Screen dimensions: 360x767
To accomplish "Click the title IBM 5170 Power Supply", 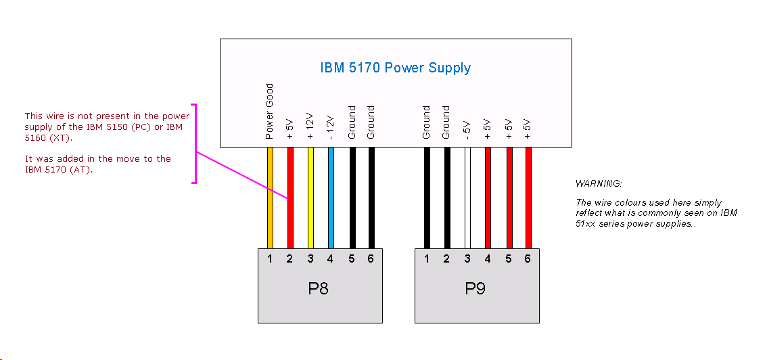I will pos(395,68).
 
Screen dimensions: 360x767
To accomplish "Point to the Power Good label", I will pos(269,112).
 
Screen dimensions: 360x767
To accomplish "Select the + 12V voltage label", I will pos(310,126).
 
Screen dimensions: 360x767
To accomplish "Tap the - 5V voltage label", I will pos(467,130).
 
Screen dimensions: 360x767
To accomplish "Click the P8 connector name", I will pos(319,289).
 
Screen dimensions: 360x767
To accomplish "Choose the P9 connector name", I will pos(475,289).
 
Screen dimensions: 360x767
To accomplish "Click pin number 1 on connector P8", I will pos(270,258).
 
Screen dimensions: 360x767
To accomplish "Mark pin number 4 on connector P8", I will pos(331,258).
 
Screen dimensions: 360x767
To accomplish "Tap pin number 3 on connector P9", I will pos(467,258).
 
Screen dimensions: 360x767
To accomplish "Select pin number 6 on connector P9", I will pos(528,258).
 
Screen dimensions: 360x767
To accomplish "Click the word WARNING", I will pos(599,184).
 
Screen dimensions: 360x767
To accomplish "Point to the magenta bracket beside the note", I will pos(195,143).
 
